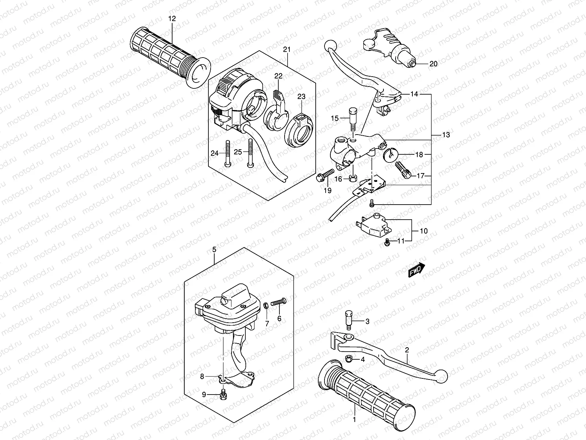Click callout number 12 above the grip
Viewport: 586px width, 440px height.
coord(172,18)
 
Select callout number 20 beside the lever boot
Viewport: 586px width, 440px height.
coord(433,64)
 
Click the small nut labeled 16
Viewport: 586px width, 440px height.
coord(353,179)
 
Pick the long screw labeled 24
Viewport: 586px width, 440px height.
coord(227,154)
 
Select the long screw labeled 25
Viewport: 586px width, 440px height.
coord(251,154)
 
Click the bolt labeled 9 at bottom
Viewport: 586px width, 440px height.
coord(223,395)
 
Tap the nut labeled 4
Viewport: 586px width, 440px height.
coord(349,359)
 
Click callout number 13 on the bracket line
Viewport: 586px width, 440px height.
coord(446,135)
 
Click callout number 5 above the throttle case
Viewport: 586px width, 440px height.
coord(214,249)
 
